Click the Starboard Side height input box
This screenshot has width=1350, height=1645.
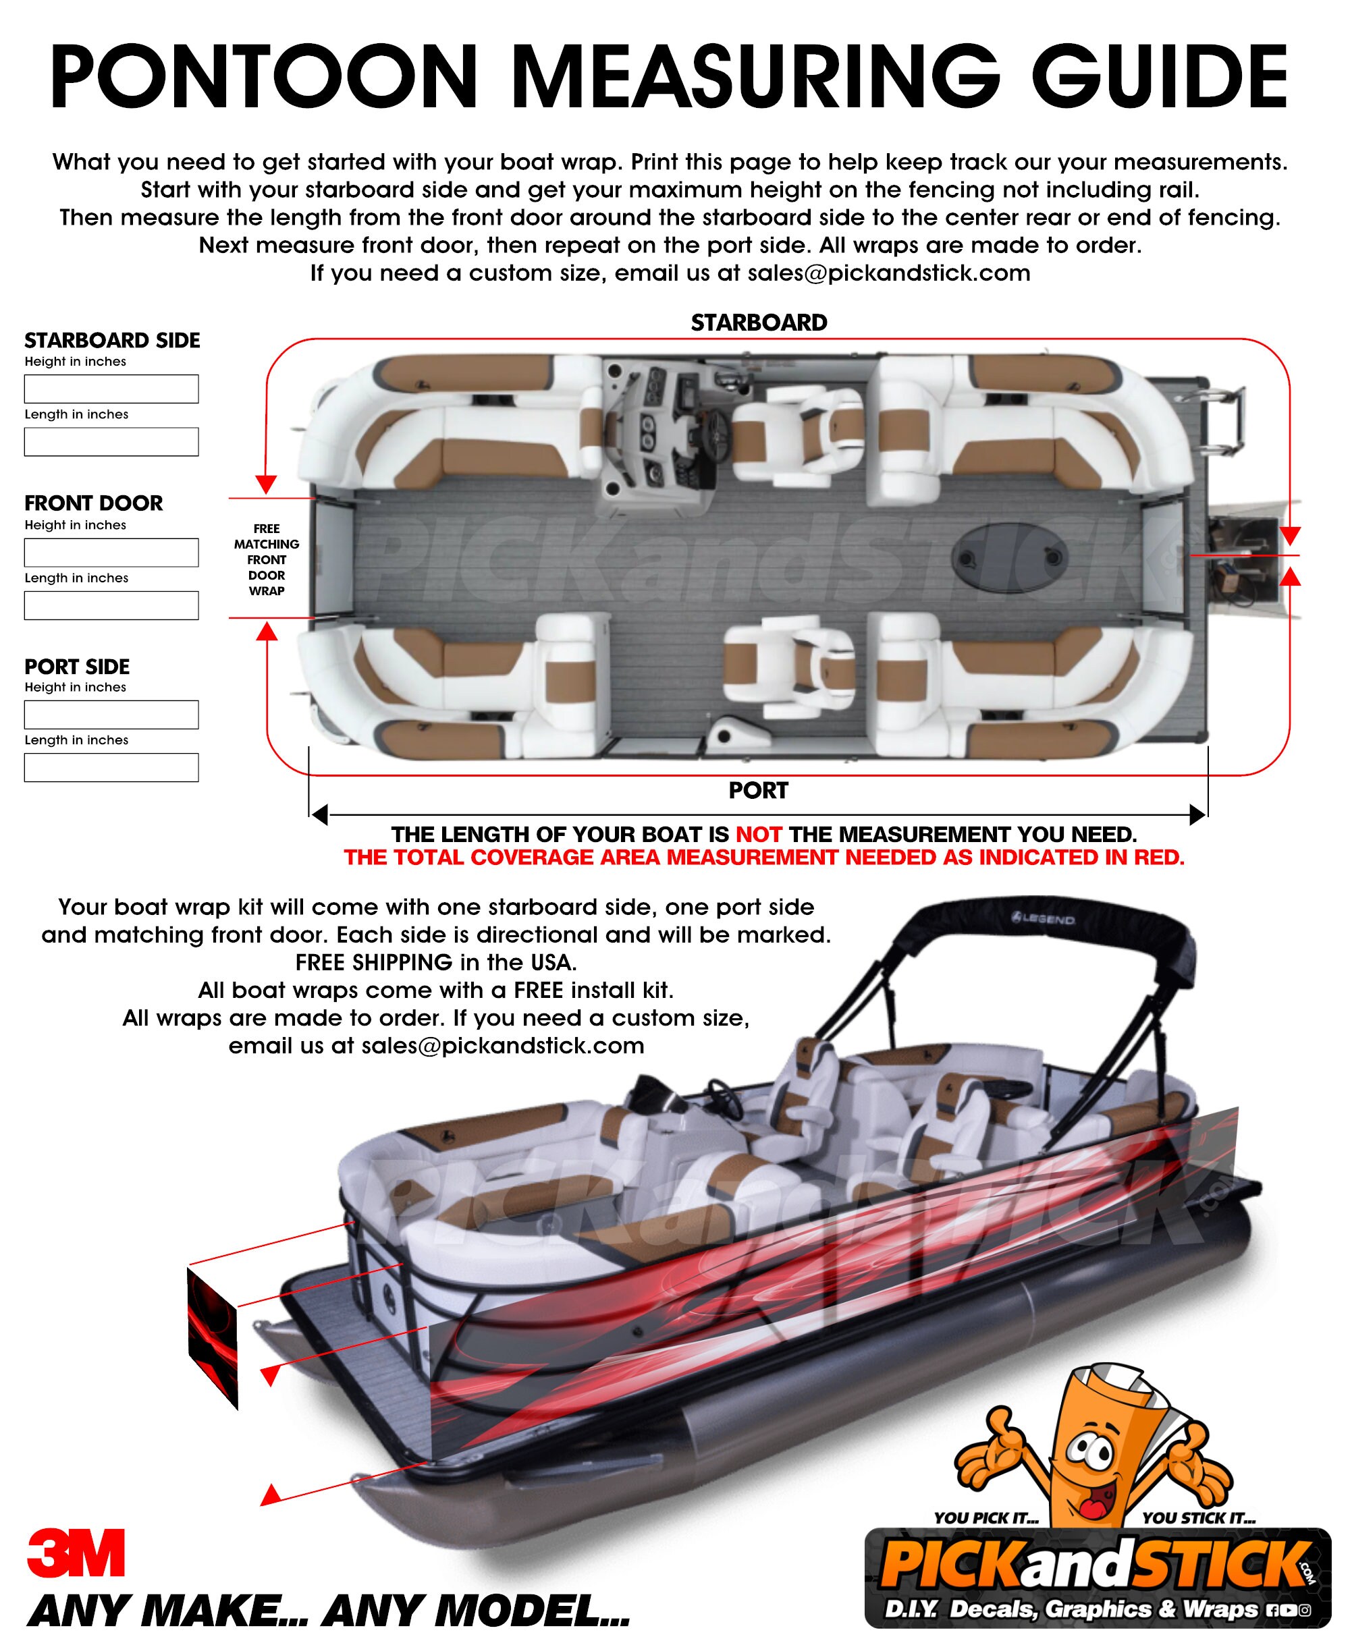[x=111, y=389]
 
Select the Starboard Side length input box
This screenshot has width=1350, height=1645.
[x=111, y=441]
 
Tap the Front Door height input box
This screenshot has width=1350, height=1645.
[x=111, y=552]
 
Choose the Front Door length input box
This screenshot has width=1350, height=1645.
[x=111, y=606]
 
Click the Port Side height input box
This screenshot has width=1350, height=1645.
[x=111, y=715]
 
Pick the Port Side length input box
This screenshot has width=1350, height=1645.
[x=111, y=767]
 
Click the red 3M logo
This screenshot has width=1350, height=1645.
[x=76, y=1553]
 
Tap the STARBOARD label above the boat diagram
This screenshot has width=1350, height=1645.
[x=758, y=323]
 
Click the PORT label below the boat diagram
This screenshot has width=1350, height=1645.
[x=758, y=791]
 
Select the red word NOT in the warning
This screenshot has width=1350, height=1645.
[x=758, y=835]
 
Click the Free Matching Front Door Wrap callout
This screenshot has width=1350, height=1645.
[x=267, y=560]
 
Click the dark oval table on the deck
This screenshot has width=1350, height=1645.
[x=1009, y=557]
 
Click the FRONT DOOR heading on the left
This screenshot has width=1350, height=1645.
[x=93, y=503]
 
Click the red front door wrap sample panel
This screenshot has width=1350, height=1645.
[x=213, y=1338]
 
